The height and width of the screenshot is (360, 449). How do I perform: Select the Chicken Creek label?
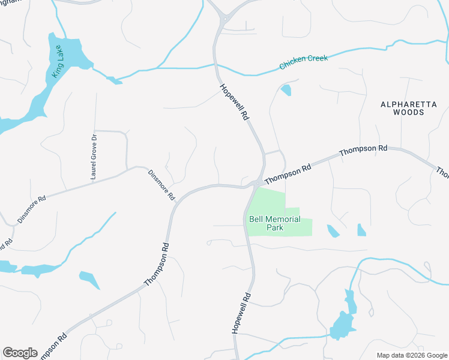(x=303, y=61)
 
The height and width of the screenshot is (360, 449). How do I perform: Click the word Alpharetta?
(x=408, y=104)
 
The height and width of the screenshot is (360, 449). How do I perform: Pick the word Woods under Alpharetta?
(x=408, y=112)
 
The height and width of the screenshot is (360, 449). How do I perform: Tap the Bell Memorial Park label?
(x=275, y=223)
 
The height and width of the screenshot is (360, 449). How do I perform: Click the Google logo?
(x=20, y=353)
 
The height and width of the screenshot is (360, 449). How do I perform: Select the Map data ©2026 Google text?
(x=412, y=355)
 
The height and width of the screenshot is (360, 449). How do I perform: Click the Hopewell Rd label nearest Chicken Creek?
(x=234, y=102)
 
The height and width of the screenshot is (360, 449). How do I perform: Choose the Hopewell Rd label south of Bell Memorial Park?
(x=241, y=313)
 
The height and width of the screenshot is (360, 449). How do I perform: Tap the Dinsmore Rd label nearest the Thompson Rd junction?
(x=161, y=184)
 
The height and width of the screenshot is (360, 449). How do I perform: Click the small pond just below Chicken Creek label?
(x=286, y=90)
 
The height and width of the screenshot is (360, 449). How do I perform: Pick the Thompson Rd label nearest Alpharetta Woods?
(x=363, y=150)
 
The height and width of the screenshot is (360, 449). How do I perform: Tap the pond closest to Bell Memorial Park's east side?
(x=333, y=230)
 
